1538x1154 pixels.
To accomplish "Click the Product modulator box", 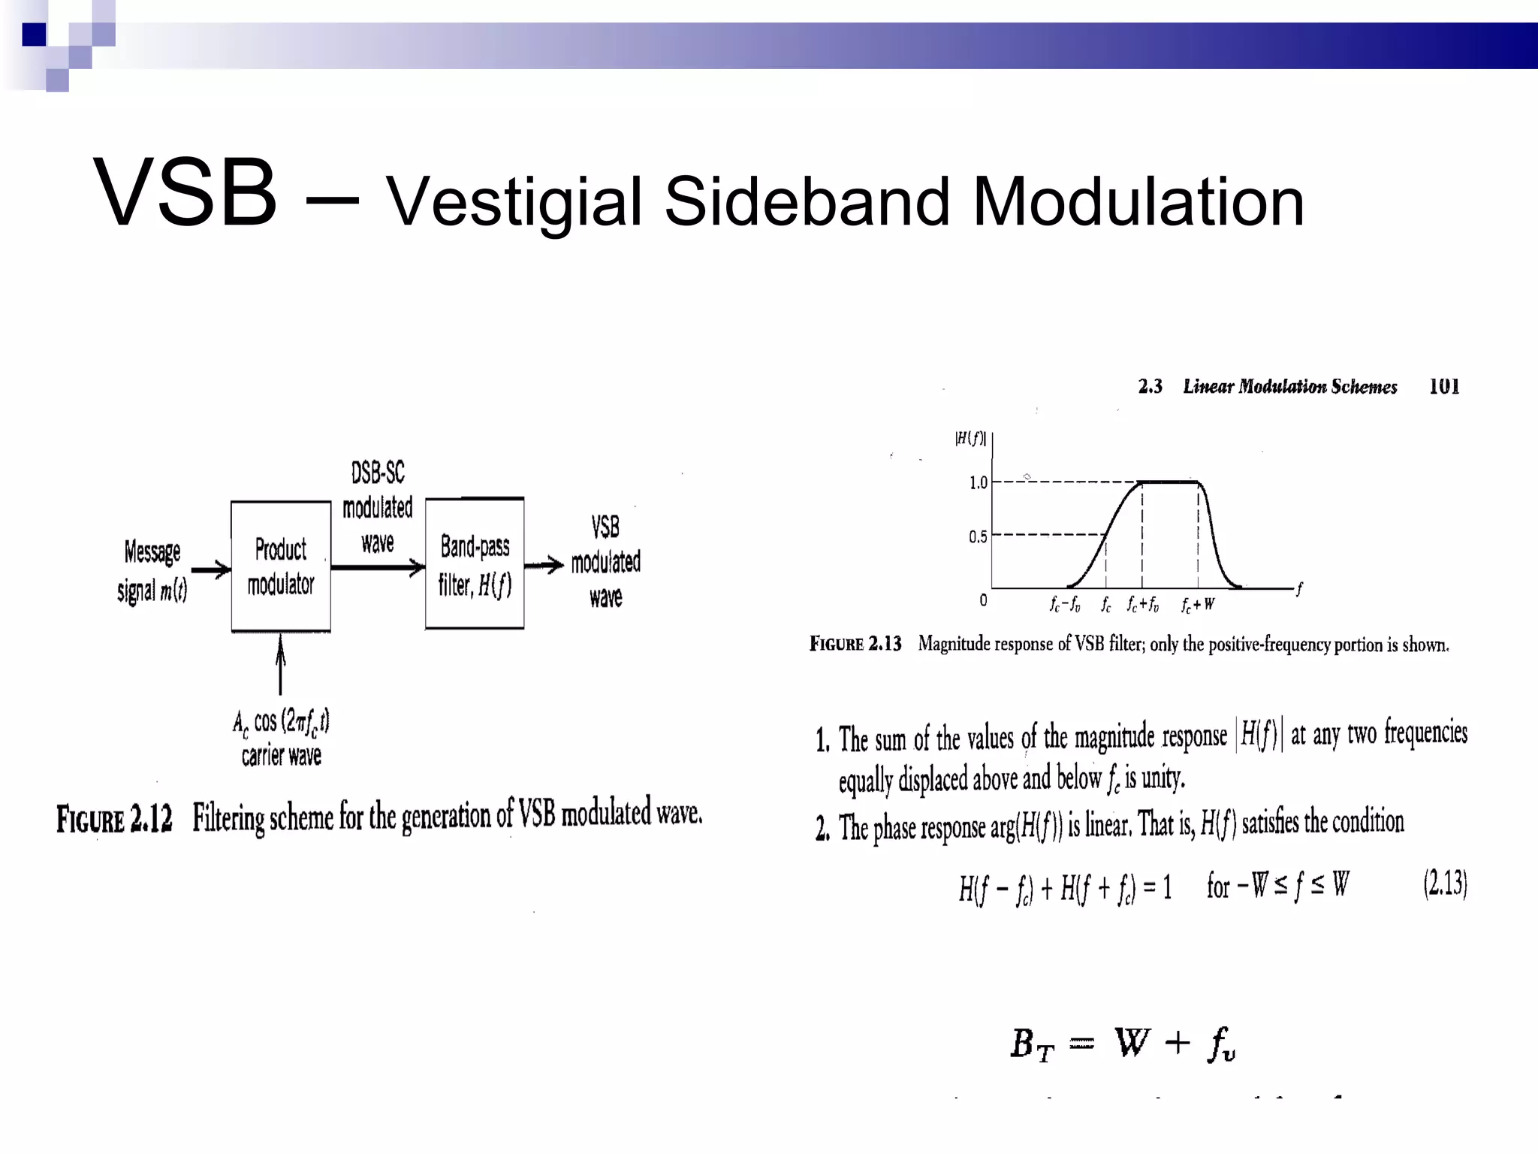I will (x=281, y=566).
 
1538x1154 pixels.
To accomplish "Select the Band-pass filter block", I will (x=475, y=563).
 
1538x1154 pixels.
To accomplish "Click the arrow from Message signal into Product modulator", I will (x=211, y=569).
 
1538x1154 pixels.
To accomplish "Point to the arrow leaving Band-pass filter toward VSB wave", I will (x=544, y=565).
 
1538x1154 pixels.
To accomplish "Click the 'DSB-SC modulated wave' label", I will (x=378, y=507).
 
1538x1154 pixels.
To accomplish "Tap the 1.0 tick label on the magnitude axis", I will (x=978, y=482).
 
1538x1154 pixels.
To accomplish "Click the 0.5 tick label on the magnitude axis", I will (x=978, y=536).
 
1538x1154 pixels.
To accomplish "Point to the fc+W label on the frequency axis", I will (x=1198, y=604).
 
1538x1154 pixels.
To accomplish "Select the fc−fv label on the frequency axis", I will (x=1065, y=604).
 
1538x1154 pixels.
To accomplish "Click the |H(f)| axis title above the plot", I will (x=970, y=439).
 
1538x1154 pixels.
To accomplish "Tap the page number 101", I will (x=1443, y=386).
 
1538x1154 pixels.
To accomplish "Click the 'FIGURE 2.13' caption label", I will (x=855, y=644).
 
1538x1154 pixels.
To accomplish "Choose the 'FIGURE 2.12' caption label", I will (x=114, y=818).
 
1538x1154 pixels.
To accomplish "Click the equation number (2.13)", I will (x=1444, y=884).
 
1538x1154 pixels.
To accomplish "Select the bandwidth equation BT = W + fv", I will (x=1123, y=1044).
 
